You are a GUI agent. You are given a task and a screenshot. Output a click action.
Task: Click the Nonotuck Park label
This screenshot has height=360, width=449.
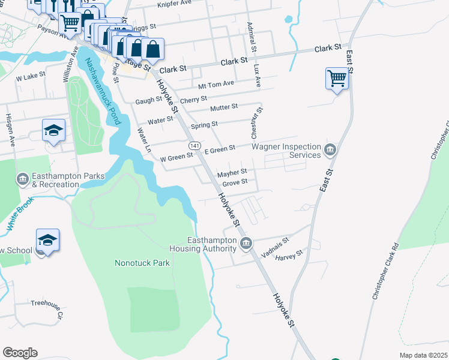(x=142, y=263)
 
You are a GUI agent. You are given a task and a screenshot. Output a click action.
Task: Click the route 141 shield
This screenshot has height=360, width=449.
(x=194, y=146)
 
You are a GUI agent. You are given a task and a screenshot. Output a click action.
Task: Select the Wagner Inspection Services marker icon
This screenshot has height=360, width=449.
(x=330, y=149)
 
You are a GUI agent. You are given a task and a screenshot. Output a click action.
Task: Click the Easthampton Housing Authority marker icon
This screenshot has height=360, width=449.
(x=246, y=244)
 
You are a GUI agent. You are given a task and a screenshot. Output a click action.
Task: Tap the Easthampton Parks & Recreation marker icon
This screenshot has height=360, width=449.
(x=22, y=179)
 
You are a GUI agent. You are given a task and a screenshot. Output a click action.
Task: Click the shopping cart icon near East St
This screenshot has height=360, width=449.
(x=337, y=78)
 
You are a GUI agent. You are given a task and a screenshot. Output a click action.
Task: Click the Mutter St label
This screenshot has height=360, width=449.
(x=224, y=107)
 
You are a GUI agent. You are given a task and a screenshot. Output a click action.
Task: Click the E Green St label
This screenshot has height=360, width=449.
(x=220, y=149)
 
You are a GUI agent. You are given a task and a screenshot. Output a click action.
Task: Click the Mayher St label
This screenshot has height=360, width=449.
(x=232, y=172)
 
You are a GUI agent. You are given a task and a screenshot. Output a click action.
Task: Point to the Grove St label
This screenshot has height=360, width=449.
(x=235, y=182)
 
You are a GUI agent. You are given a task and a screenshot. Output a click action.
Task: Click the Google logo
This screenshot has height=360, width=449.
(x=20, y=353)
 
